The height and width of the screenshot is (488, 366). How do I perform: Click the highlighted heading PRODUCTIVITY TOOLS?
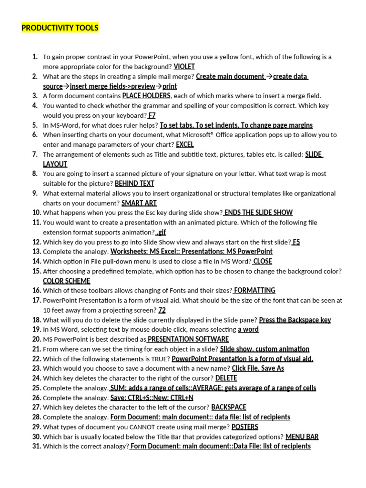pos(60,28)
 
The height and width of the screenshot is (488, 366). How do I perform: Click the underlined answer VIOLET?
pos(184,67)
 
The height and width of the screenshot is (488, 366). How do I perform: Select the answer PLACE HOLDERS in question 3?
pos(146,96)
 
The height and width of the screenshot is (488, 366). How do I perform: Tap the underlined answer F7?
pos(152,115)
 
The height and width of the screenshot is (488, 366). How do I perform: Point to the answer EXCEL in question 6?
pos(185,144)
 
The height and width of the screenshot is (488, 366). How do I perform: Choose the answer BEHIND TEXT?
pos(134,183)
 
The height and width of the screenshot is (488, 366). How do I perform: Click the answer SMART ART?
pos(139,203)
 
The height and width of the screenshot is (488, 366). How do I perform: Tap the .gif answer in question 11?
pos(161,232)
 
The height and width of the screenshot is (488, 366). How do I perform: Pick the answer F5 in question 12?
pos(296,242)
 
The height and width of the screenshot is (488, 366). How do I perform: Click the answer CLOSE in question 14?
pos(263,261)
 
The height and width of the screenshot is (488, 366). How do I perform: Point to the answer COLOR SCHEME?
pos(66,281)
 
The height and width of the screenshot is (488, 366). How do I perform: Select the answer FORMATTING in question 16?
pos(254,290)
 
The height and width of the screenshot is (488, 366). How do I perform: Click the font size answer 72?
pos(162,310)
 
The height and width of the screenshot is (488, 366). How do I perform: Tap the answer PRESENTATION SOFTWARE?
pos(188,339)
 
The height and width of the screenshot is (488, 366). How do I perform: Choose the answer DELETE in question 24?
pos(226,378)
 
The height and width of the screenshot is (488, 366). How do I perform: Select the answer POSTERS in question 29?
pos(244,427)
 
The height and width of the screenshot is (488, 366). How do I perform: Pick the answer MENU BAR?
pos(302,437)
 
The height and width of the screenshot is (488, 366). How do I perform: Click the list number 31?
pos(36,447)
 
